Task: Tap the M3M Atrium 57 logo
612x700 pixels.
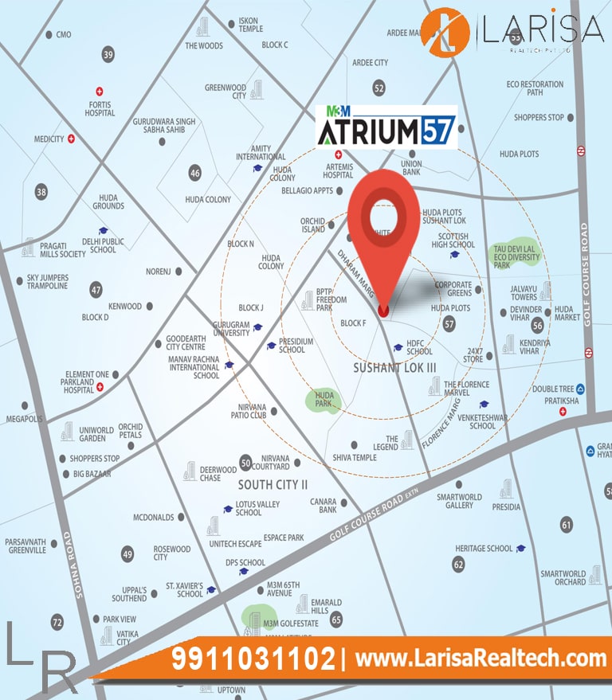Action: [x=386, y=127]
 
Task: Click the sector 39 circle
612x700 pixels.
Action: [x=108, y=55]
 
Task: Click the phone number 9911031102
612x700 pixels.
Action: [x=254, y=659]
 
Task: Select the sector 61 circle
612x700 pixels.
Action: [x=566, y=524]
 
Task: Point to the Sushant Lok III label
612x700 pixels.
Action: [x=384, y=367]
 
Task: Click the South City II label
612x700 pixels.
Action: [x=273, y=484]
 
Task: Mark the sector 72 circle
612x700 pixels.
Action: [x=57, y=622]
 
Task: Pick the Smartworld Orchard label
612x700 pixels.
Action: [x=563, y=577]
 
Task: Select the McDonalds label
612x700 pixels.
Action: [x=154, y=517]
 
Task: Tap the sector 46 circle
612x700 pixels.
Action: [x=195, y=172]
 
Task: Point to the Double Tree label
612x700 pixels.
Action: [x=552, y=389]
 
